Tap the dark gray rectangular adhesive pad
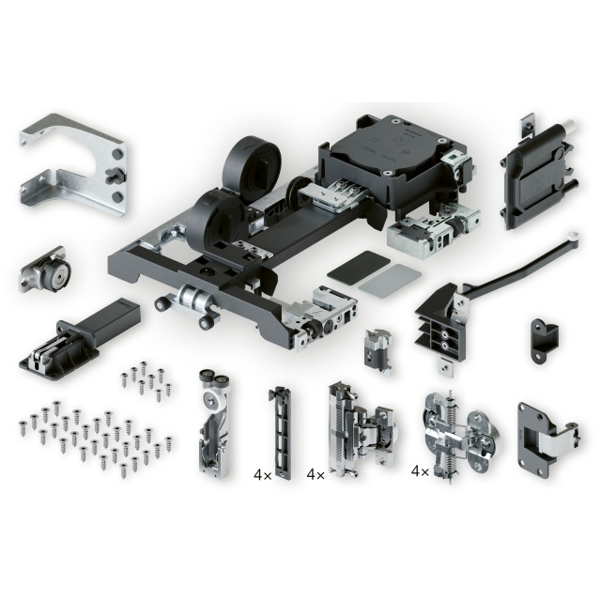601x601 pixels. pos(359,267)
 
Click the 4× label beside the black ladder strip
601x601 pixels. pos(263,475)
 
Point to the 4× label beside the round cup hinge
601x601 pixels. pos(420,471)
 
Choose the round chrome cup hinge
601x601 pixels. pos(461,436)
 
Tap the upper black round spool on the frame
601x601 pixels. pos(252,162)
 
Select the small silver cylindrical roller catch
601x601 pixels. pos(44,270)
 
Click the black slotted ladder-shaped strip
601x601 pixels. pos(281,432)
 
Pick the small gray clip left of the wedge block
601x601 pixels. pos(378,350)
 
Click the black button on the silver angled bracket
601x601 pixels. pos(114,176)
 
